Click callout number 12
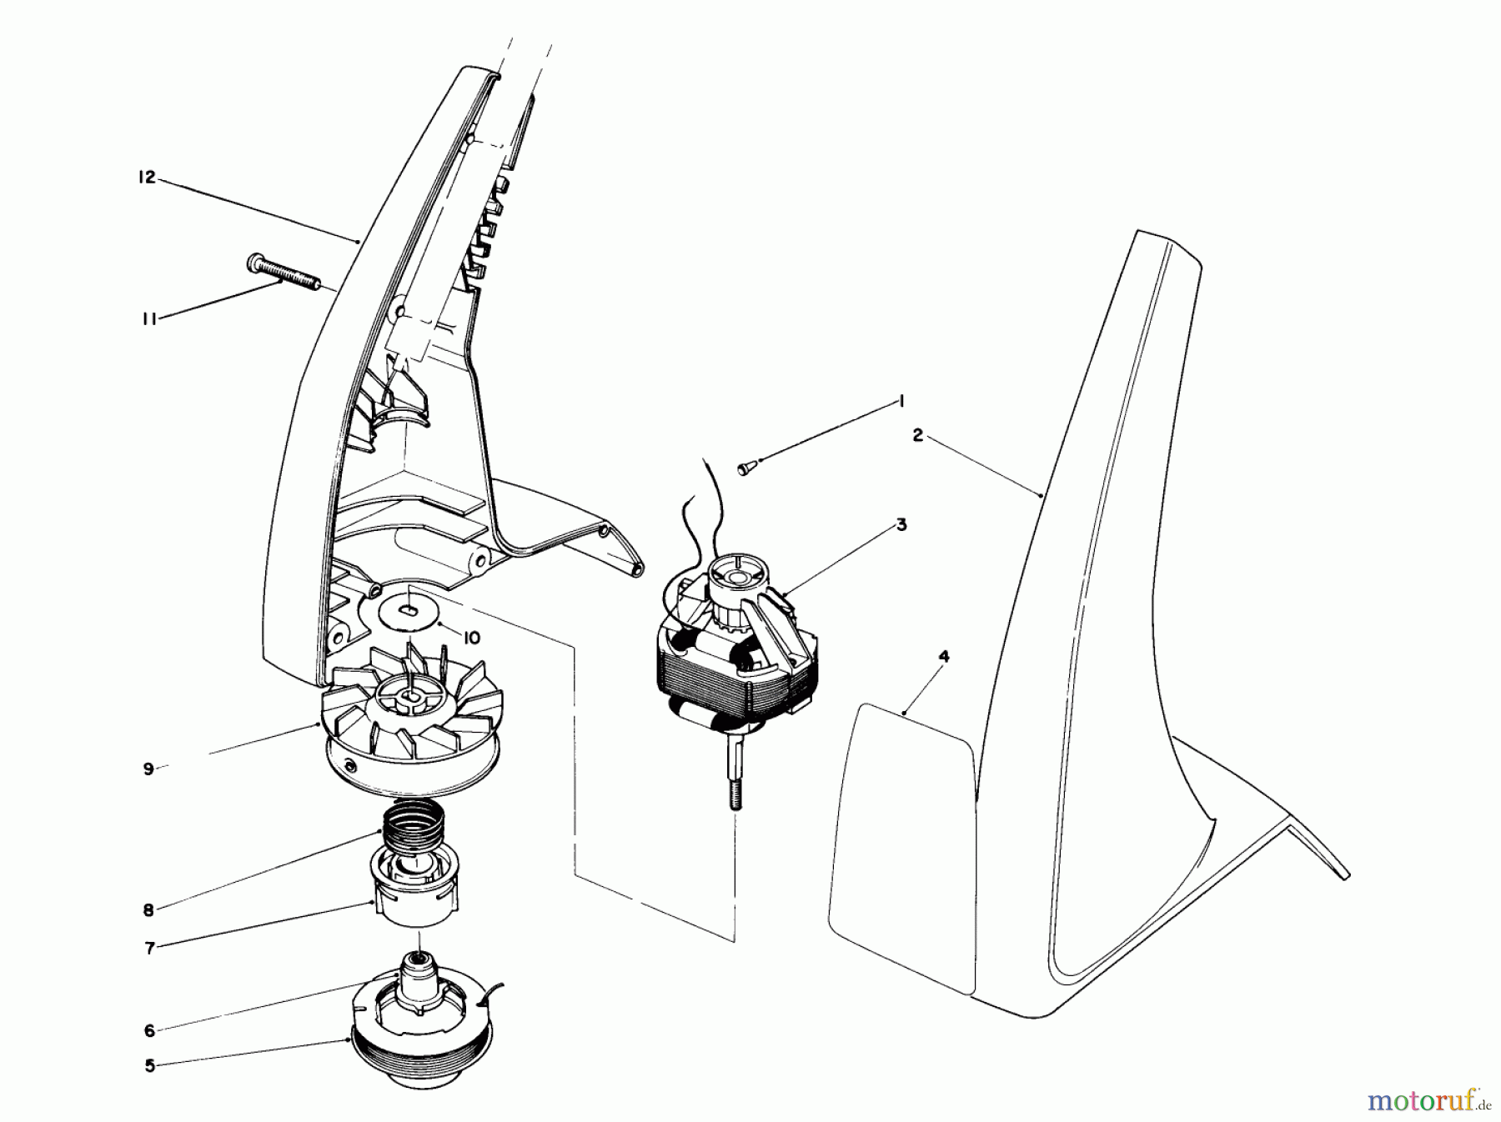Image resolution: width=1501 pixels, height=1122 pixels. coord(148,178)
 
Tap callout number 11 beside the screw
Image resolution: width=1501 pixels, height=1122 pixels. coord(149,318)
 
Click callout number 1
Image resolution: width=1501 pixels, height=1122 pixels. coord(901,401)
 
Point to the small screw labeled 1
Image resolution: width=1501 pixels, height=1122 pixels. coord(745,468)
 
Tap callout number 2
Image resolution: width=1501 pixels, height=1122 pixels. coord(918,435)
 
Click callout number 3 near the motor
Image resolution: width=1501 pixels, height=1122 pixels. coord(901,525)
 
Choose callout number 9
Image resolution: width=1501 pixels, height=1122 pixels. coord(148,769)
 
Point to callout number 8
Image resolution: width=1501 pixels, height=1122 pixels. coord(148,910)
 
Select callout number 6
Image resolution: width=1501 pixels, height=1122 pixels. coord(149,1031)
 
